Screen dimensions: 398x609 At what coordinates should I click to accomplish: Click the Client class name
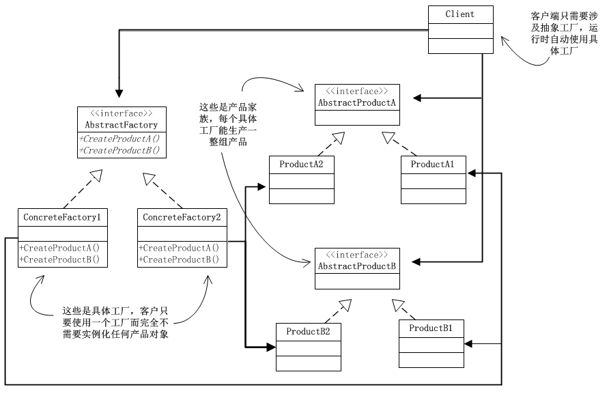click(x=459, y=14)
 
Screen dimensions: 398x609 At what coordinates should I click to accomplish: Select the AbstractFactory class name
click(x=121, y=125)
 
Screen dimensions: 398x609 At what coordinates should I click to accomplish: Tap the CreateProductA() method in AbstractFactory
click(x=119, y=139)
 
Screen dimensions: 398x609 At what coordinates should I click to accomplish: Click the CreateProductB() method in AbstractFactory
click(x=119, y=150)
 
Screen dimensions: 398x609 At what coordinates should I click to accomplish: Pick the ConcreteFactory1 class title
click(x=62, y=217)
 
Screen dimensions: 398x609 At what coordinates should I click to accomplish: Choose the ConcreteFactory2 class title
click(x=182, y=217)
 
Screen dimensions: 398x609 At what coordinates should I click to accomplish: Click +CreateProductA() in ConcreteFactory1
click(x=59, y=248)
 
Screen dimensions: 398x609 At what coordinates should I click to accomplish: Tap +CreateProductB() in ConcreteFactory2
click(x=179, y=259)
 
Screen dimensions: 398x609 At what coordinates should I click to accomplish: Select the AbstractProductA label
click(x=356, y=102)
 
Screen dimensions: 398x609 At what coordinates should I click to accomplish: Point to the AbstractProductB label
click(x=356, y=265)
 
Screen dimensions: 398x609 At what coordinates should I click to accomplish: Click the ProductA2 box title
click(x=301, y=165)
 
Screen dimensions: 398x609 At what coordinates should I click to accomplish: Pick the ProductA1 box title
click(x=432, y=165)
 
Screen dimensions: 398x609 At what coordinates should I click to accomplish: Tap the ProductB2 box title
click(x=308, y=332)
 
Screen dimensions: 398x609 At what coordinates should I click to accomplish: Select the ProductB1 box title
click(x=431, y=328)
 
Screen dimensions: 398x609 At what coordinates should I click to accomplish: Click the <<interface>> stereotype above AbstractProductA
click(x=357, y=91)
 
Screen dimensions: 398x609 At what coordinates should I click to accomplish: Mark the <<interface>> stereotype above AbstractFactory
click(x=121, y=113)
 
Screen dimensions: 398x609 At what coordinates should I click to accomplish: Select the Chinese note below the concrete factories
click(x=115, y=321)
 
